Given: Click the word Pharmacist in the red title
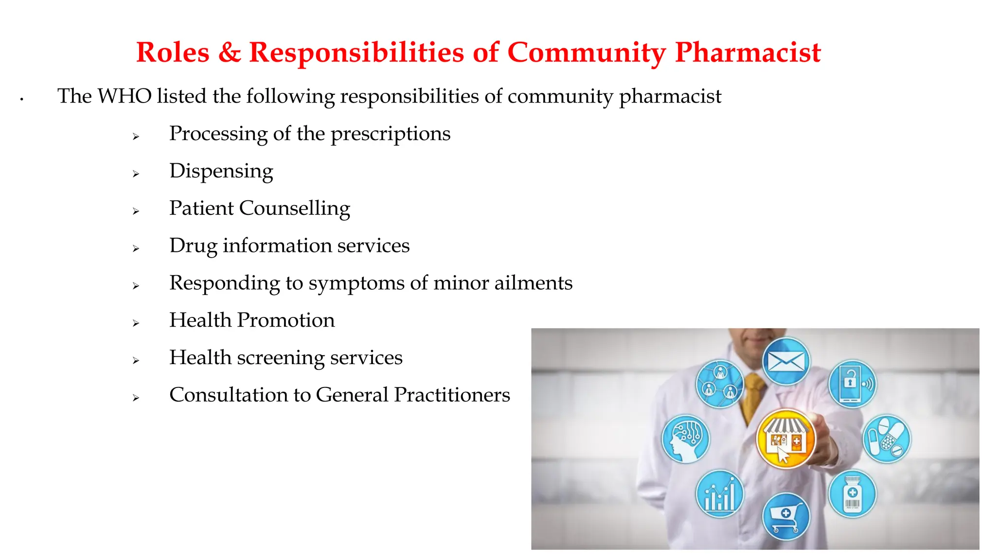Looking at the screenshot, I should click(747, 52).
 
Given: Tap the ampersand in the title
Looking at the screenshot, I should click(230, 52).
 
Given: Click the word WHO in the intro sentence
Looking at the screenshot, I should click(124, 96).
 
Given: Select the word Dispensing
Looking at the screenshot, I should click(221, 171).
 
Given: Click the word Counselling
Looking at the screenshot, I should click(294, 209).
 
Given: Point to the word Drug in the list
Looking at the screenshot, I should click(193, 246).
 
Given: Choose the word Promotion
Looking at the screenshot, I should click(286, 320).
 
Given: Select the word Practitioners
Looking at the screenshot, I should click(452, 395).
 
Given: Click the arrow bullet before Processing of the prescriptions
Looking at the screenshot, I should click(136, 137).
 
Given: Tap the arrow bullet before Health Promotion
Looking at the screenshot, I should click(136, 323).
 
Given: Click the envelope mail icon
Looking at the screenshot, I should click(786, 362).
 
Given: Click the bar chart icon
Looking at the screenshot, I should click(720, 494).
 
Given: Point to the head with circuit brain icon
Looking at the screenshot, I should click(686, 438).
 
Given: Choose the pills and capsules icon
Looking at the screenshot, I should click(886, 438).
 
